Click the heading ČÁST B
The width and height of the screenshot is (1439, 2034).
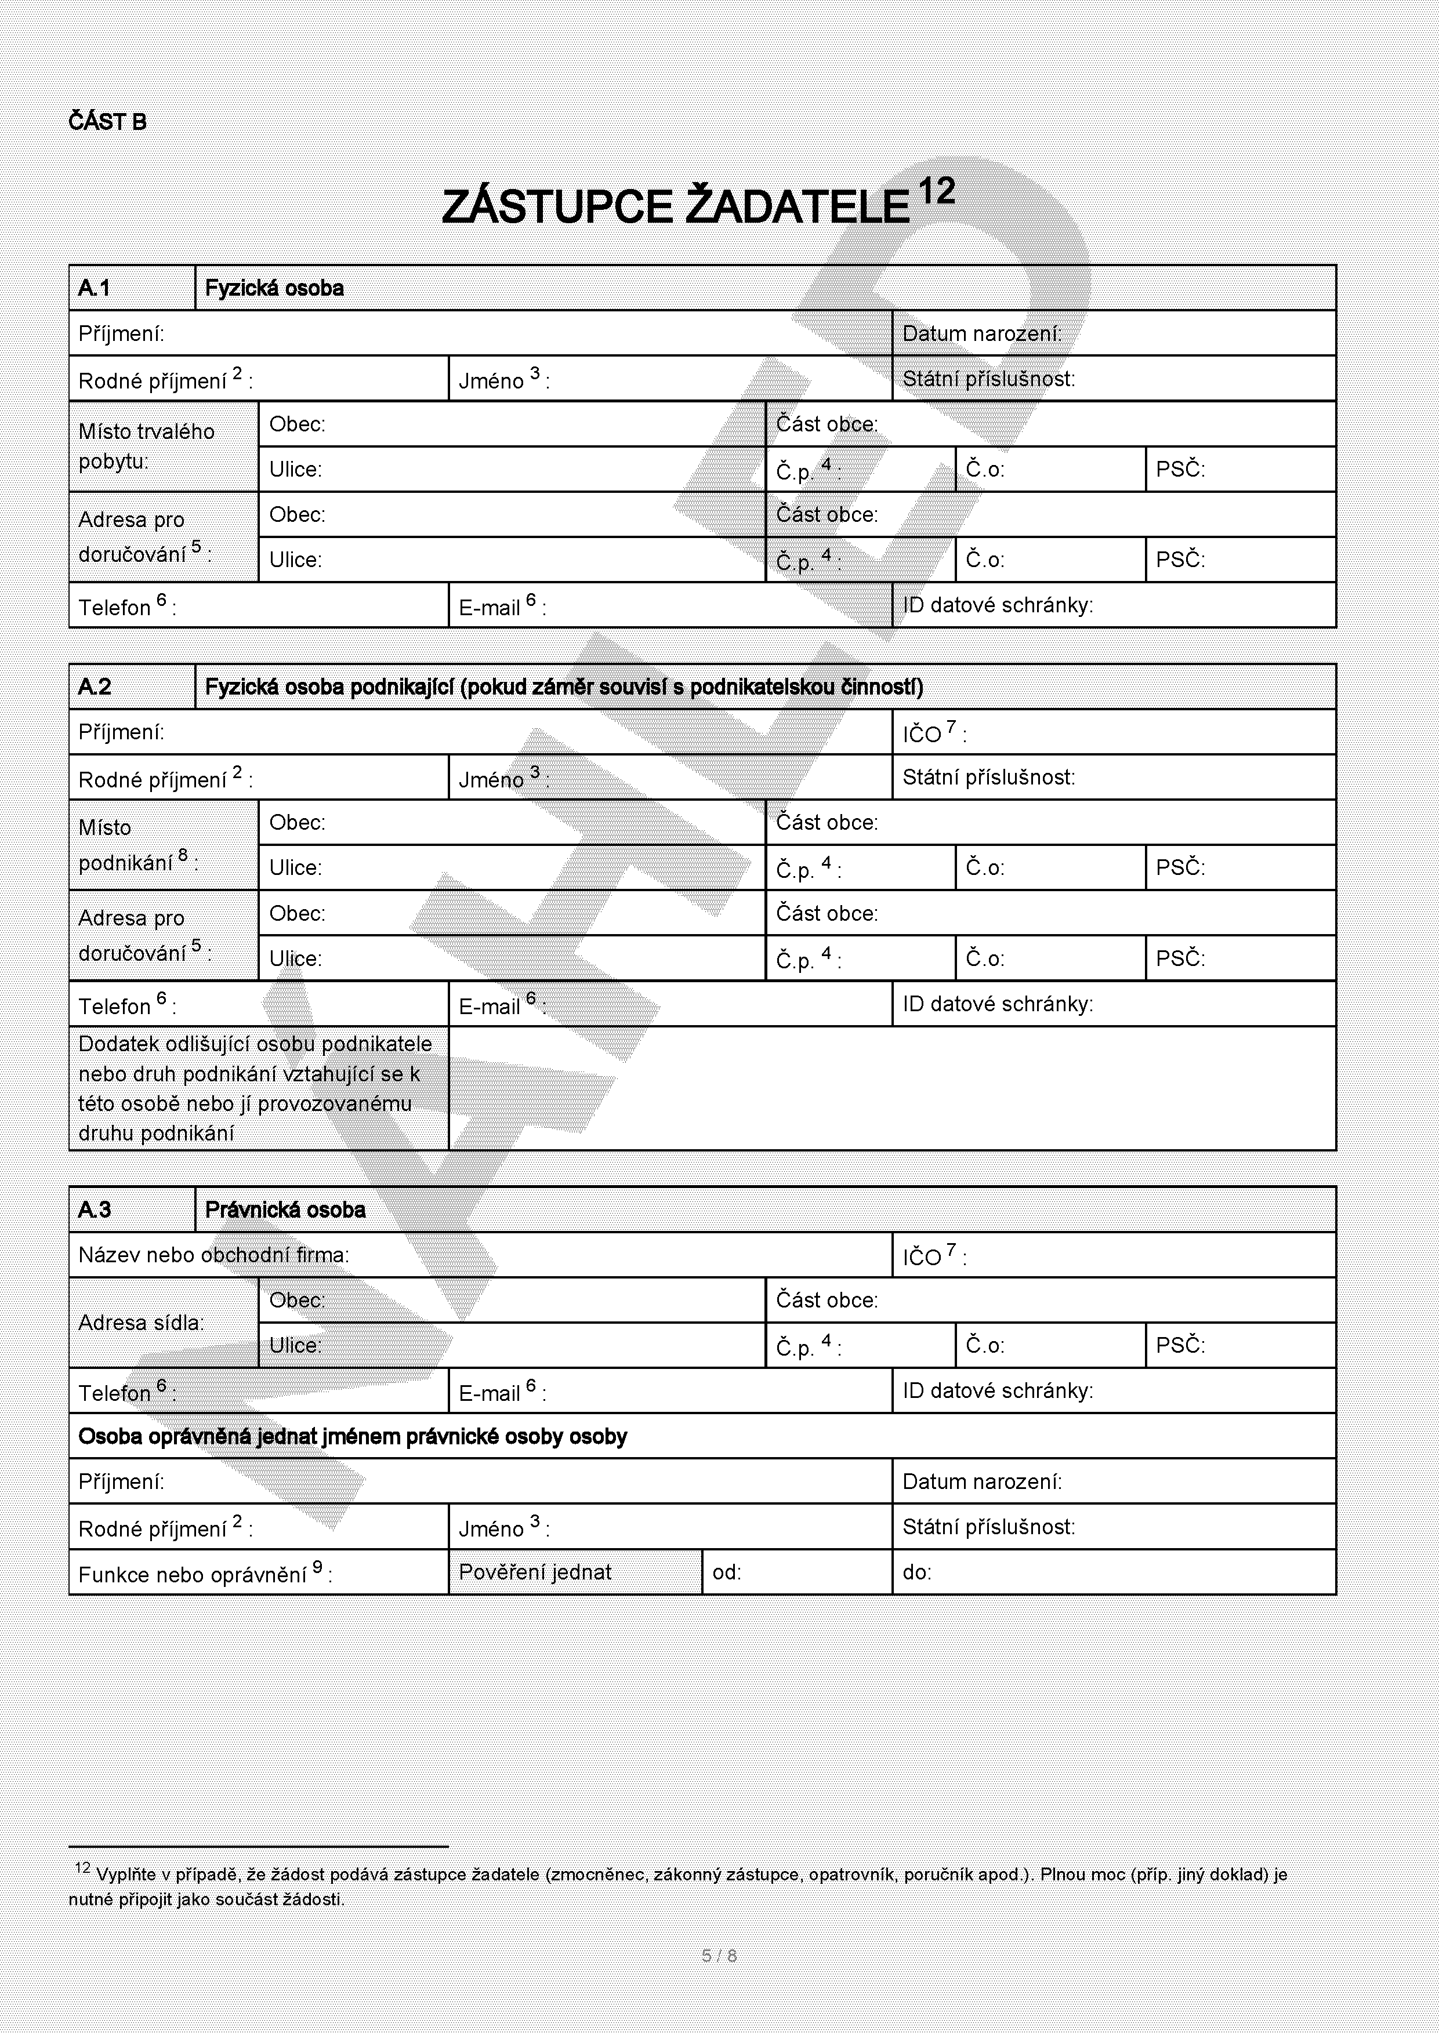(107, 122)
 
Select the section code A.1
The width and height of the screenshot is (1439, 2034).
(95, 288)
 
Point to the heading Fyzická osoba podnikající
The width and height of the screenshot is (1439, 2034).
(564, 687)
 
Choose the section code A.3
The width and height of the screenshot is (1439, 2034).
(95, 1209)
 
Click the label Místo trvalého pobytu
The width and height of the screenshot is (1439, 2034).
(146, 446)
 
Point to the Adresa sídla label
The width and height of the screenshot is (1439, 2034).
(141, 1323)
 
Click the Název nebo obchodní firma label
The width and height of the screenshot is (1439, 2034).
(213, 1254)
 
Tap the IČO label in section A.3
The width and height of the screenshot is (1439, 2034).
(934, 1256)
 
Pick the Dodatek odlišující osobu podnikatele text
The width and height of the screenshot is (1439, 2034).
(255, 1088)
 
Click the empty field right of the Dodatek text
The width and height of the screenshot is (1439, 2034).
(891, 1088)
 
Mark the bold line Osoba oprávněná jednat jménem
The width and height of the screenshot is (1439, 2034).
(353, 1436)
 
